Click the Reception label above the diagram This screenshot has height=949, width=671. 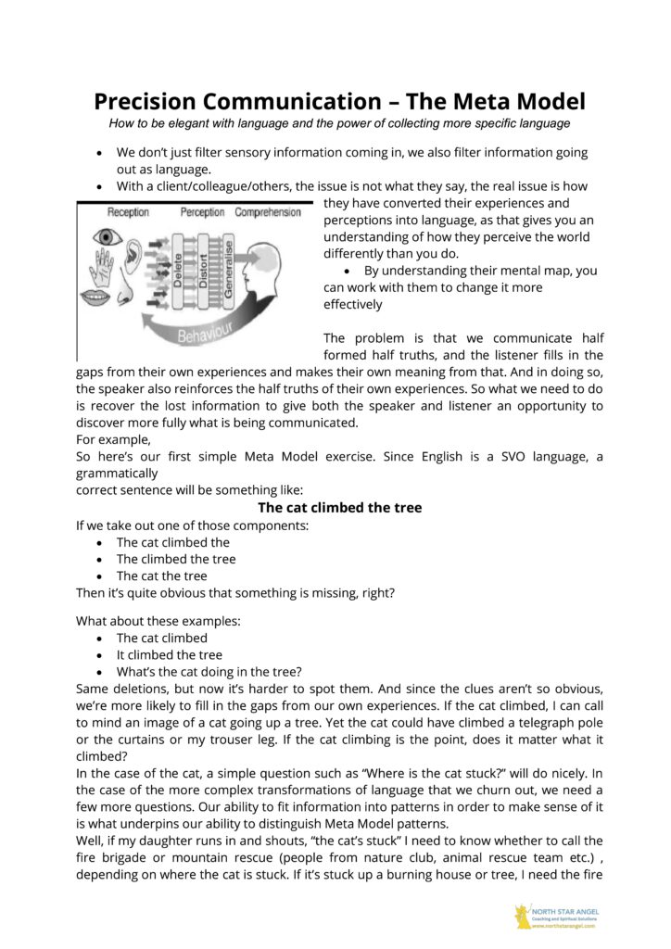127,212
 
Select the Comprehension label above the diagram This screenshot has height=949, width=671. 267,212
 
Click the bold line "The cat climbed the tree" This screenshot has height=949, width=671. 339,507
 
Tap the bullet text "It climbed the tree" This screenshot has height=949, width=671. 170,654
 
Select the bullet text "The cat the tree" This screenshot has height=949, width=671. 162,576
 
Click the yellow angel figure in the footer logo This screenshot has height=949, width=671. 523,916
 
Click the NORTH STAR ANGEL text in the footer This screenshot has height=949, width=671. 564,911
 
